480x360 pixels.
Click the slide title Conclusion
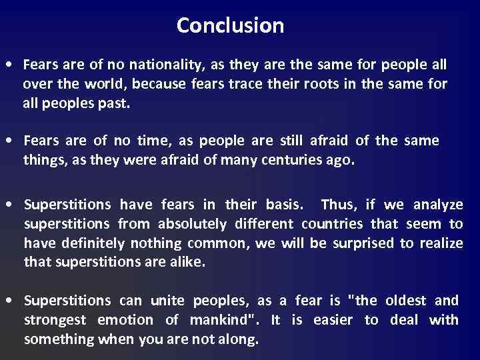click(x=230, y=26)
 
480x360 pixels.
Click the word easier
click(x=330, y=320)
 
